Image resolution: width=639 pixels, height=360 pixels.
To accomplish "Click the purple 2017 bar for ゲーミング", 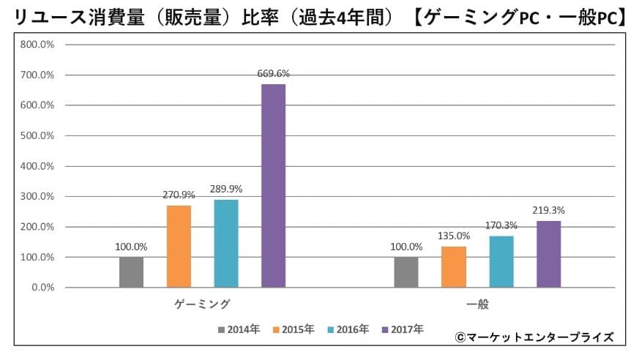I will (274, 186).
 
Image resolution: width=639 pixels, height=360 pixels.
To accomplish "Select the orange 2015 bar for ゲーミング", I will (179, 247).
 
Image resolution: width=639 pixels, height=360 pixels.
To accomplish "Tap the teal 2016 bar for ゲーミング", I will (226, 244).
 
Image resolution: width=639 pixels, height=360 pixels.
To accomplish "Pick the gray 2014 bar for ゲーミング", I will (131, 272).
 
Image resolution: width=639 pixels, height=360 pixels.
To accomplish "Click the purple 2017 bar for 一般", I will (548, 254).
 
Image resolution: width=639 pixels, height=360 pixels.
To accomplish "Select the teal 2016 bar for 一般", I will (501, 261).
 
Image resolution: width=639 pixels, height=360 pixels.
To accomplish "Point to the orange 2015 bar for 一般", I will (454, 267).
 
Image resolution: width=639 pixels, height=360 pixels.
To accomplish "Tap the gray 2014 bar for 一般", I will (406, 272).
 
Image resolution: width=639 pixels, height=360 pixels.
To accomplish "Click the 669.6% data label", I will (274, 73).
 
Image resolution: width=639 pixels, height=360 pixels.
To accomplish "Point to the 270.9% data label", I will (179, 195).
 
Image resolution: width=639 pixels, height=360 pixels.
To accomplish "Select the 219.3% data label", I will (548, 210).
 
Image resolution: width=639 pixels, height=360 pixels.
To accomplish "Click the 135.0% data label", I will (454, 236).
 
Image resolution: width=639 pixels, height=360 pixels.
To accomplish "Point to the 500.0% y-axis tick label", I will (37, 135).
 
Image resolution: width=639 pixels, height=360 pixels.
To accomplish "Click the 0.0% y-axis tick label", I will (42, 288).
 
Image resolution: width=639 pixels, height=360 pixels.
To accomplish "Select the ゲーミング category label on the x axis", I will (202, 304).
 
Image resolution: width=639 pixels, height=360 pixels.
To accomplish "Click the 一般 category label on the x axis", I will (477, 304).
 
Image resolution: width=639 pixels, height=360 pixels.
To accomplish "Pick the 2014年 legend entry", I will (239, 330).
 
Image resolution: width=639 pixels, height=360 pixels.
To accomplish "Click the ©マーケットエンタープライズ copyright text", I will (534, 337).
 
